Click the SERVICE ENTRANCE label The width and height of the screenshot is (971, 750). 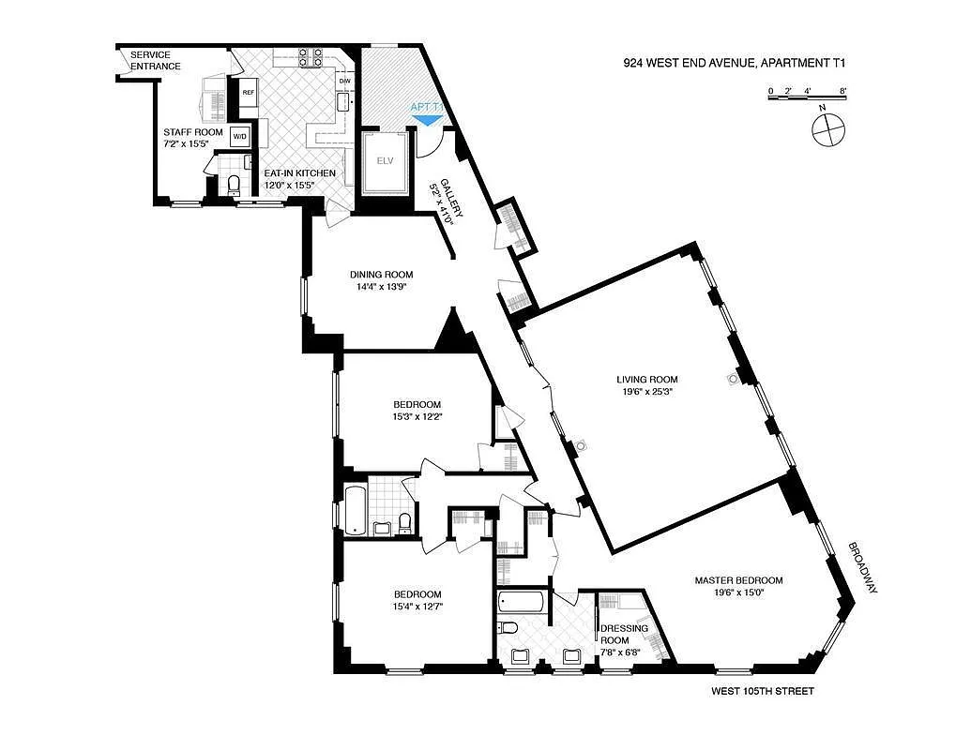pos(156,60)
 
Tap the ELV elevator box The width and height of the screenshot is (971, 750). pos(383,160)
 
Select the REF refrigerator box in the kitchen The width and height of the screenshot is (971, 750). pos(249,92)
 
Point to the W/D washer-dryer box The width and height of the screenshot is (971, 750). pos(239,137)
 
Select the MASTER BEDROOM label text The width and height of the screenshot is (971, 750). pos(738,580)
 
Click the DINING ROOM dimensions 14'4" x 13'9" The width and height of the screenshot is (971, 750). pos(381,288)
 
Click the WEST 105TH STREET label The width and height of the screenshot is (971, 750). pos(762,692)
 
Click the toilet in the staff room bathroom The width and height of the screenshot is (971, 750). pos(234,184)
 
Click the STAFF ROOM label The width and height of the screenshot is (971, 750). pos(193,132)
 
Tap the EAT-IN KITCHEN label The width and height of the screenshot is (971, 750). pos(299,173)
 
